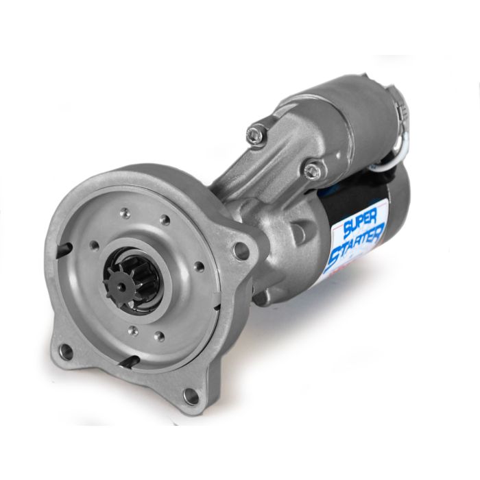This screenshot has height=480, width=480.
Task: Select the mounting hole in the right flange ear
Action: tap(241, 252)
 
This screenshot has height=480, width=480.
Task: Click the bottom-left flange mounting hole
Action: tap(67, 352)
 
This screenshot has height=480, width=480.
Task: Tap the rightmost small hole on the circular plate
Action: tap(198, 266)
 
